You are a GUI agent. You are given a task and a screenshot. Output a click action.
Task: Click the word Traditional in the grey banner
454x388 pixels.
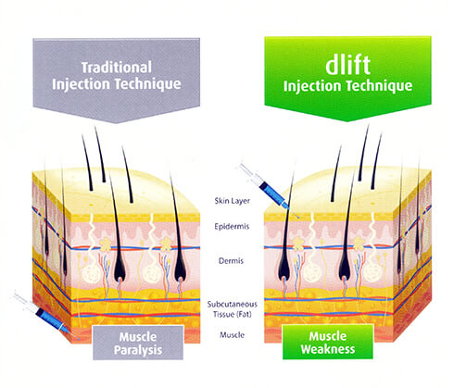[117, 68]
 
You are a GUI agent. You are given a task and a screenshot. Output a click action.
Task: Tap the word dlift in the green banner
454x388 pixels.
[347, 65]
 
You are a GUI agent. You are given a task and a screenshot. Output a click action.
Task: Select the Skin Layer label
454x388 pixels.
[232, 201]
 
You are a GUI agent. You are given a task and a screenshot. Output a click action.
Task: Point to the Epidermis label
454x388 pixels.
[232, 227]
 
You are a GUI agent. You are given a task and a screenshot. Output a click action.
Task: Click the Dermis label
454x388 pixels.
[231, 261]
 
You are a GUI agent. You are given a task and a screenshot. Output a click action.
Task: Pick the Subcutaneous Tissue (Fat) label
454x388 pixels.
[232, 309]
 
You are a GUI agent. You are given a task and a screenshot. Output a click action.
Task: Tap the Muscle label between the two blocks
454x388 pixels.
[233, 335]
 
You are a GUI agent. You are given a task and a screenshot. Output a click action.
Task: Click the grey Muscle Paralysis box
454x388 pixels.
[138, 343]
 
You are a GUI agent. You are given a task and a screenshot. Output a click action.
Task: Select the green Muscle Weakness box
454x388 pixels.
[328, 342]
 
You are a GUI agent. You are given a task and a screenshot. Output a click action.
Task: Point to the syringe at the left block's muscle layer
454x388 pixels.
[46, 317]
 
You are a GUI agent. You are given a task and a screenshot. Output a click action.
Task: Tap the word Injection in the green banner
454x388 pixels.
[312, 86]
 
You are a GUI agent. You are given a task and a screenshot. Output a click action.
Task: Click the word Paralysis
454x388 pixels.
[138, 350]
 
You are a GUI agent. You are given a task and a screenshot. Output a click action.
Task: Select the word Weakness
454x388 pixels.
[328, 349]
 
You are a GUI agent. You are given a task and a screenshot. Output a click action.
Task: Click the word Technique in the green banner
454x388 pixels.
[379, 86]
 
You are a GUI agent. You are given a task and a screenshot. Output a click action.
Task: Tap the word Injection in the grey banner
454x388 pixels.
[82, 84]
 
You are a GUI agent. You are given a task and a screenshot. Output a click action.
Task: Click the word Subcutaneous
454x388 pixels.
[232, 305]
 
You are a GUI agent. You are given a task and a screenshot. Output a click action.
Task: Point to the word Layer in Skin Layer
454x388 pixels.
[240, 201]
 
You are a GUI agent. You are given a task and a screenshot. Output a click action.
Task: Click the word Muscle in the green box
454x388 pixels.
[328, 336]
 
